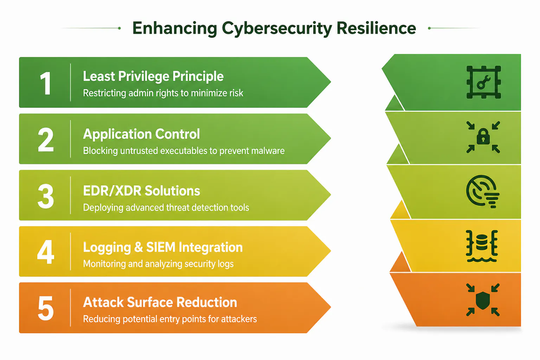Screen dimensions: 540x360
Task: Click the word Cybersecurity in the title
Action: click(277, 29)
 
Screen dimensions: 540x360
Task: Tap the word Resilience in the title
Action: click(376, 28)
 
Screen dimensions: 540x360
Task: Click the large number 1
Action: click(46, 83)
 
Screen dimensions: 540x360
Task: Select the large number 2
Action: click(46, 140)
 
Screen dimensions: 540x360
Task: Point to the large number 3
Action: click(46, 196)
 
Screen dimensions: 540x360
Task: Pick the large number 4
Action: click(46, 252)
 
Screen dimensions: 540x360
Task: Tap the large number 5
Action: click(46, 308)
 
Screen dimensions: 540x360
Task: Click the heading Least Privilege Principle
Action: click(153, 77)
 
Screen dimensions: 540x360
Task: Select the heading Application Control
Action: click(142, 134)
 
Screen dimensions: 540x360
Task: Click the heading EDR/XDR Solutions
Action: click(142, 191)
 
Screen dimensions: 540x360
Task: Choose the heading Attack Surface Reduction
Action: click(160, 302)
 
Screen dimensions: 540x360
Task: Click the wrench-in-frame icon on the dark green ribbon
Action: click(484, 82)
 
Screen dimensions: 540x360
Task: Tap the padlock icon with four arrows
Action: click(483, 137)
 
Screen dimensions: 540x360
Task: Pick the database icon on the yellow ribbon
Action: click(482, 246)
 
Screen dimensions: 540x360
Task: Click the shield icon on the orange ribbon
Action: click(483, 300)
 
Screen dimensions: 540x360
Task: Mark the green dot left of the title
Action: click(119, 28)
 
